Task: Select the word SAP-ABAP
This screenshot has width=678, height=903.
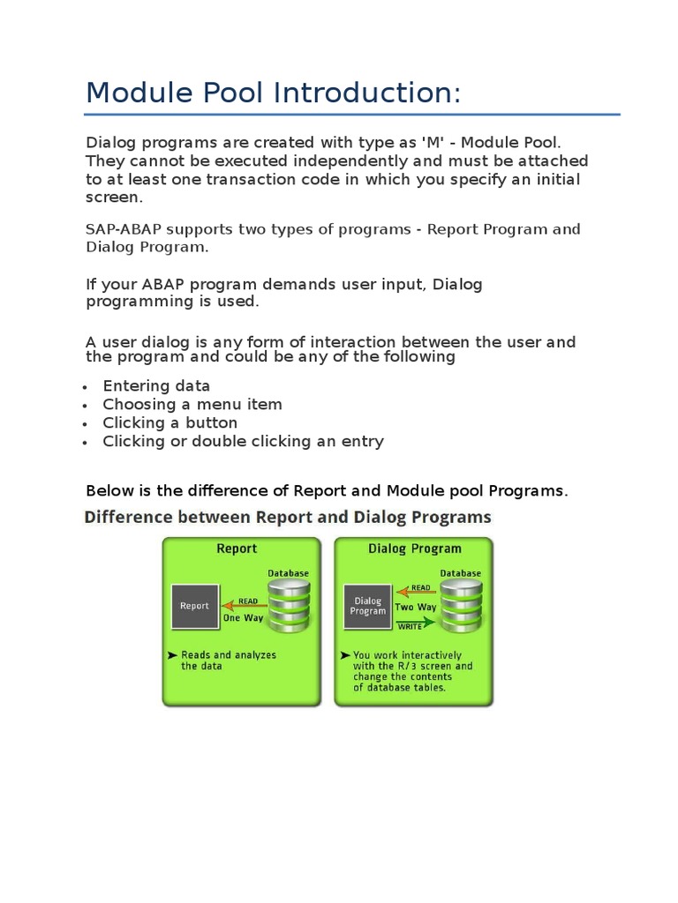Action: click(122, 229)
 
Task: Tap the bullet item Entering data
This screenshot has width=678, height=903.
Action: click(156, 385)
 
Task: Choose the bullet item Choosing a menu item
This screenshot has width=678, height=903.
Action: click(192, 404)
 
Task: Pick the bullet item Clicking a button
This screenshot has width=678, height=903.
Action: click(169, 422)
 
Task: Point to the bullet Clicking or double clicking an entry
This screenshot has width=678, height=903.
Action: click(243, 441)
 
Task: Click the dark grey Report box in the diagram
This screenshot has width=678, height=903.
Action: click(195, 606)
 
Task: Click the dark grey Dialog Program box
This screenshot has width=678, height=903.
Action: click(367, 606)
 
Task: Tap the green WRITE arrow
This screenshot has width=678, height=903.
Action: click(415, 622)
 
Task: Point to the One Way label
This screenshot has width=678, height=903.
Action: click(243, 618)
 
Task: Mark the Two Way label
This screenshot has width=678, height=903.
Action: click(416, 607)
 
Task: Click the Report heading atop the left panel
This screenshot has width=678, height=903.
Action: click(237, 549)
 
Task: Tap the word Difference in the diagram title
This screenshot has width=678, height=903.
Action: click(124, 517)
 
